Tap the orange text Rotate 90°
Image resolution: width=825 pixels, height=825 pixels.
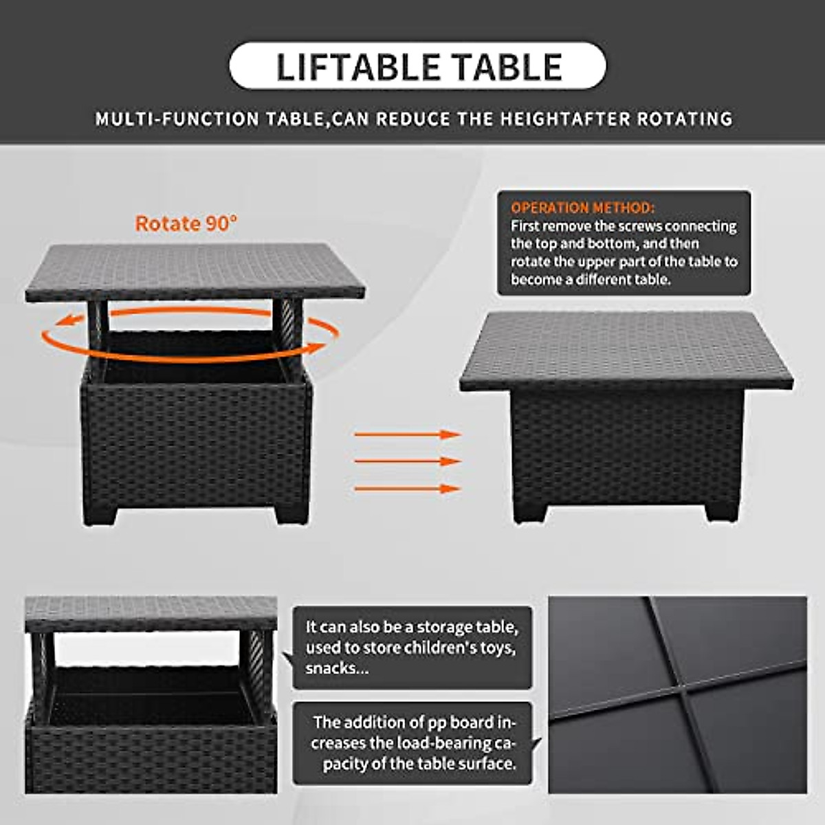point(186,223)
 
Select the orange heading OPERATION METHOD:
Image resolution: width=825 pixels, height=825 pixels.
point(582,208)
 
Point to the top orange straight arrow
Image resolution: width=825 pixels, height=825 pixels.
point(407,434)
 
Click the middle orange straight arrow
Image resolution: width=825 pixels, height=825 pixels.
point(407,461)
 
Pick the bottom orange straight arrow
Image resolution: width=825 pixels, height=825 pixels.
point(407,489)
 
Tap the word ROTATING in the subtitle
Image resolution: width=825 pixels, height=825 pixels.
point(684,119)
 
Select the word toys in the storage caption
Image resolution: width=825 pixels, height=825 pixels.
point(497,648)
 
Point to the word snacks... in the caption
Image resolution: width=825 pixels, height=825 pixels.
point(337,668)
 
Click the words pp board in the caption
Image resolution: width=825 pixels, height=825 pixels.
point(452,723)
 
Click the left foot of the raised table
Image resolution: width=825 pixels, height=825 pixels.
point(97,511)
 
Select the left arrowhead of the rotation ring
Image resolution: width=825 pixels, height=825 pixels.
point(63,320)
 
